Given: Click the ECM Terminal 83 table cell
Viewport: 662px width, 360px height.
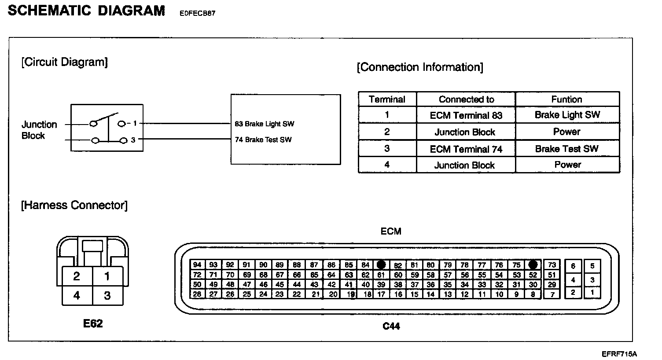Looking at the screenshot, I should pos(466,115).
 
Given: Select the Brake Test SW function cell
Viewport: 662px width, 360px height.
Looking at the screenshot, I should pos(567,149).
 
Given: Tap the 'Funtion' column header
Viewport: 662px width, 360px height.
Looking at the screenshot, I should pos(567,99).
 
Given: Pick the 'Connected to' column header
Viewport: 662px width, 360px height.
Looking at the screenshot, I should pos(466,99).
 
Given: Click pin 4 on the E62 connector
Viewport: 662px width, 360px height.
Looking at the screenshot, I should pos(77,295).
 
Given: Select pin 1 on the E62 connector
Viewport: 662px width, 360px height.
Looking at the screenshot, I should pos(107,276).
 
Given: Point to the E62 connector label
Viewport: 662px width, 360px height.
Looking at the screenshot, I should pos(93,323).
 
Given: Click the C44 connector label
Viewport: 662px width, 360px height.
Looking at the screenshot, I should pos(391,326).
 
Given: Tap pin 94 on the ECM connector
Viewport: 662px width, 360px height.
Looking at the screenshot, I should pos(197,265).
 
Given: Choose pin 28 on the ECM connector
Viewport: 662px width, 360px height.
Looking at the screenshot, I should pos(197,294).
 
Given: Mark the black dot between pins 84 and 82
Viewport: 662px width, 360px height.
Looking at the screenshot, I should pos(381,265).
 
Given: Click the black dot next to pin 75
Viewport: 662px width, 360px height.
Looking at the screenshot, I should pos(533,265).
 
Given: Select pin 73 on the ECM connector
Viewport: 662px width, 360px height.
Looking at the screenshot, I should pos(552,265).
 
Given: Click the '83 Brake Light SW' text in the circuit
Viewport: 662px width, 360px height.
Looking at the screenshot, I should pos(265,124).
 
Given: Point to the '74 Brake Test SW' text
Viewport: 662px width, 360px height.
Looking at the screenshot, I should pos(263,140).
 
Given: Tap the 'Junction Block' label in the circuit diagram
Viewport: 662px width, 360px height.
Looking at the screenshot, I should pos(39,130).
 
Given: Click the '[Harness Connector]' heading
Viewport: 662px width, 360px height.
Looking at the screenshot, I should pos(74,206).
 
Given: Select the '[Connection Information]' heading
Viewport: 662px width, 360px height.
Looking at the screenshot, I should pos(420,67).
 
